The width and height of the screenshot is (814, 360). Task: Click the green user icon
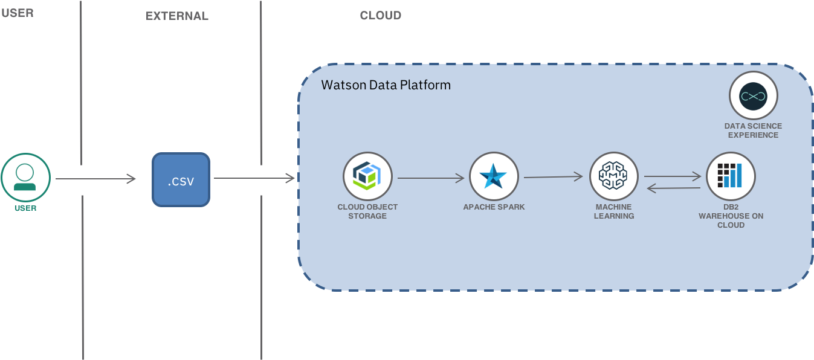(25, 178)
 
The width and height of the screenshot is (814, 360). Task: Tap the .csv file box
(181, 179)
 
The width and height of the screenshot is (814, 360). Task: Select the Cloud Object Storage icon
(367, 176)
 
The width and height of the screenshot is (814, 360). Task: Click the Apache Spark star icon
(494, 176)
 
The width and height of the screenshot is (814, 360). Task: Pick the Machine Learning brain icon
(614, 176)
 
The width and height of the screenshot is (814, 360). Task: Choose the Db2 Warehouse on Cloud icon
(731, 176)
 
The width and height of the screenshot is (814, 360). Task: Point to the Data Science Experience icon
(753, 96)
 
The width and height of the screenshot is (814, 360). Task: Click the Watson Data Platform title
(386, 85)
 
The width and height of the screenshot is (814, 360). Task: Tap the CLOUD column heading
(380, 16)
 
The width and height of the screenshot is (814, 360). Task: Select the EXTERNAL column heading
(176, 16)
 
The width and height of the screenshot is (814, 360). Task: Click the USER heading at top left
(17, 13)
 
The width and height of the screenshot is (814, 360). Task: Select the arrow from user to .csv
(95, 179)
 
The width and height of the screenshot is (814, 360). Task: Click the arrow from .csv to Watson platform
(254, 178)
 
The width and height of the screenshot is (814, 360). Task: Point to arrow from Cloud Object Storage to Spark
(430, 178)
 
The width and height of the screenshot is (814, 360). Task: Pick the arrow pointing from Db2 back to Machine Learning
(674, 188)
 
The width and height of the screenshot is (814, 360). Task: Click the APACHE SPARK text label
(494, 207)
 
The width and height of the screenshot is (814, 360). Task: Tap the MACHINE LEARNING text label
(614, 211)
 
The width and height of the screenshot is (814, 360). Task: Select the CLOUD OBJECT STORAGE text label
(367, 211)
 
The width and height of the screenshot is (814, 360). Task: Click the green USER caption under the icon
(25, 208)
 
